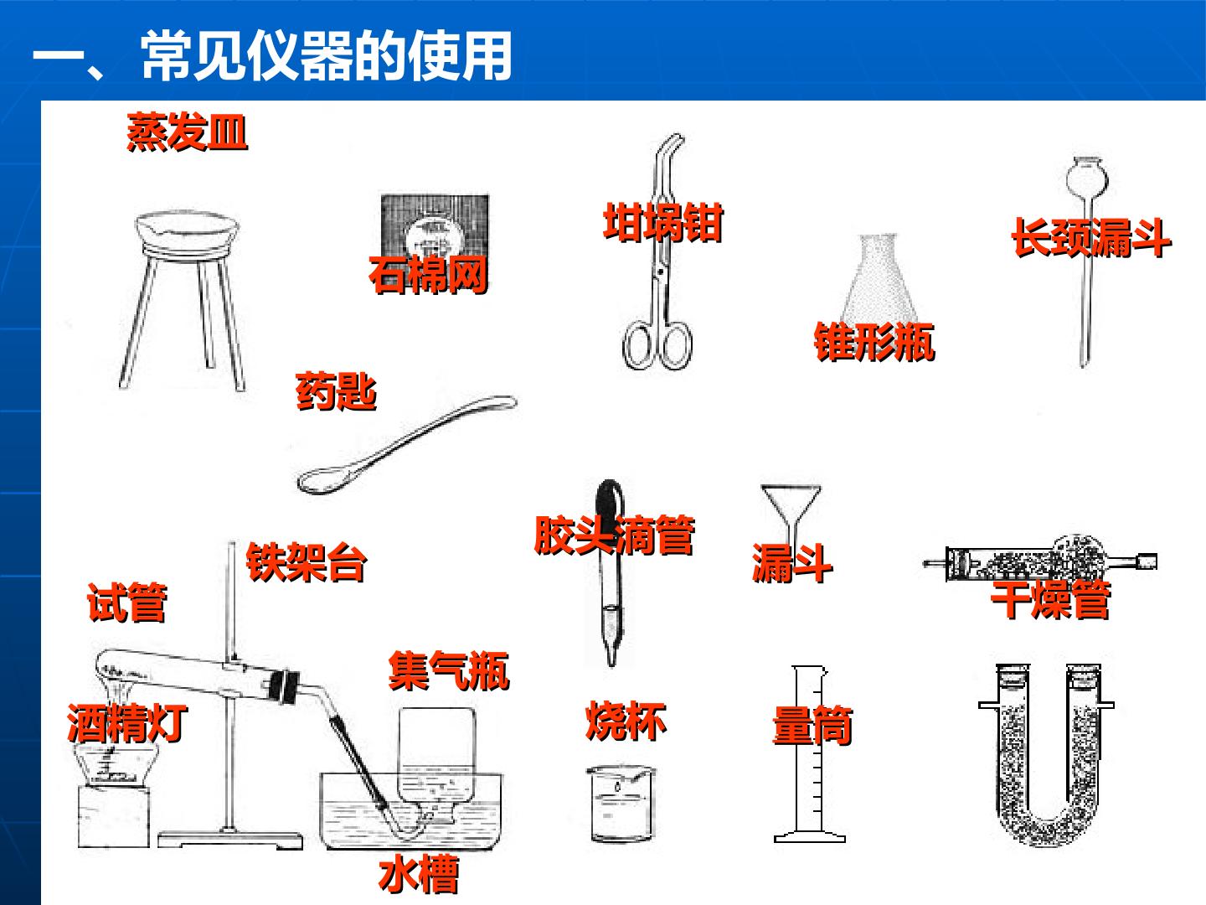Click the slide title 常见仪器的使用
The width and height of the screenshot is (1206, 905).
(x=327, y=55)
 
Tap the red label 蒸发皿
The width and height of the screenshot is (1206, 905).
(x=187, y=132)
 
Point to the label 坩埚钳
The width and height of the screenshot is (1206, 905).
(x=663, y=223)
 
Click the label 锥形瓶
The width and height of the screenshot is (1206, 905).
(x=874, y=342)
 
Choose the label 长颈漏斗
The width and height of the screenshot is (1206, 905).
(x=1092, y=237)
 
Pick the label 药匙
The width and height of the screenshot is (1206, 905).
(x=336, y=391)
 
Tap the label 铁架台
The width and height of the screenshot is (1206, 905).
(x=306, y=562)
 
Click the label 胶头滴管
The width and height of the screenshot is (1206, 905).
(x=615, y=535)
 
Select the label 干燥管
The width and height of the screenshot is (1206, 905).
(x=1050, y=599)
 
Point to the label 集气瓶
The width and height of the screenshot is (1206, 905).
(x=449, y=670)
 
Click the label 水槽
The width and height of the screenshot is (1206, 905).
(x=419, y=874)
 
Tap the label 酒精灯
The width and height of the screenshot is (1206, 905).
(x=127, y=722)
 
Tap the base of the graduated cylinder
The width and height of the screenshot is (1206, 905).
(x=809, y=836)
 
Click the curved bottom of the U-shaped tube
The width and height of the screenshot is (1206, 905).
(x=1047, y=825)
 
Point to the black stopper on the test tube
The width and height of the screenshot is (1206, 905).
(x=285, y=685)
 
